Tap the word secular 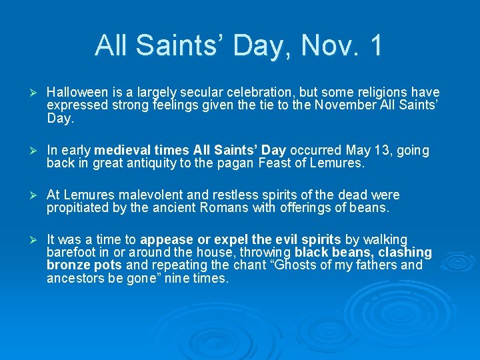pyautogui.click(x=185, y=93)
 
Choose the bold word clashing pyautogui.click(x=404, y=253)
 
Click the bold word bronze pyautogui.click(x=68, y=265)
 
